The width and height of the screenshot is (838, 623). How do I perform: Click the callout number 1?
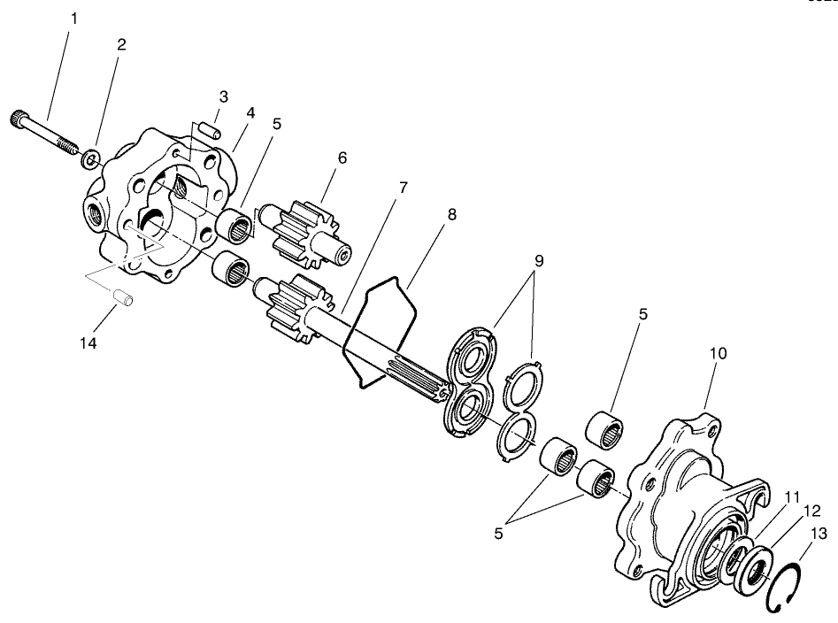pyautogui.click(x=74, y=18)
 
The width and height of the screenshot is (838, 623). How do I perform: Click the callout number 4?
pyautogui.click(x=251, y=112)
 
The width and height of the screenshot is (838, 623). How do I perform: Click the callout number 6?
pyautogui.click(x=342, y=158)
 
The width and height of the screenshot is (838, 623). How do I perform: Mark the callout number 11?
pyautogui.click(x=765, y=496)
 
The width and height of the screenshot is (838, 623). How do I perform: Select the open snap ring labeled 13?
pyautogui.click(x=783, y=587)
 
